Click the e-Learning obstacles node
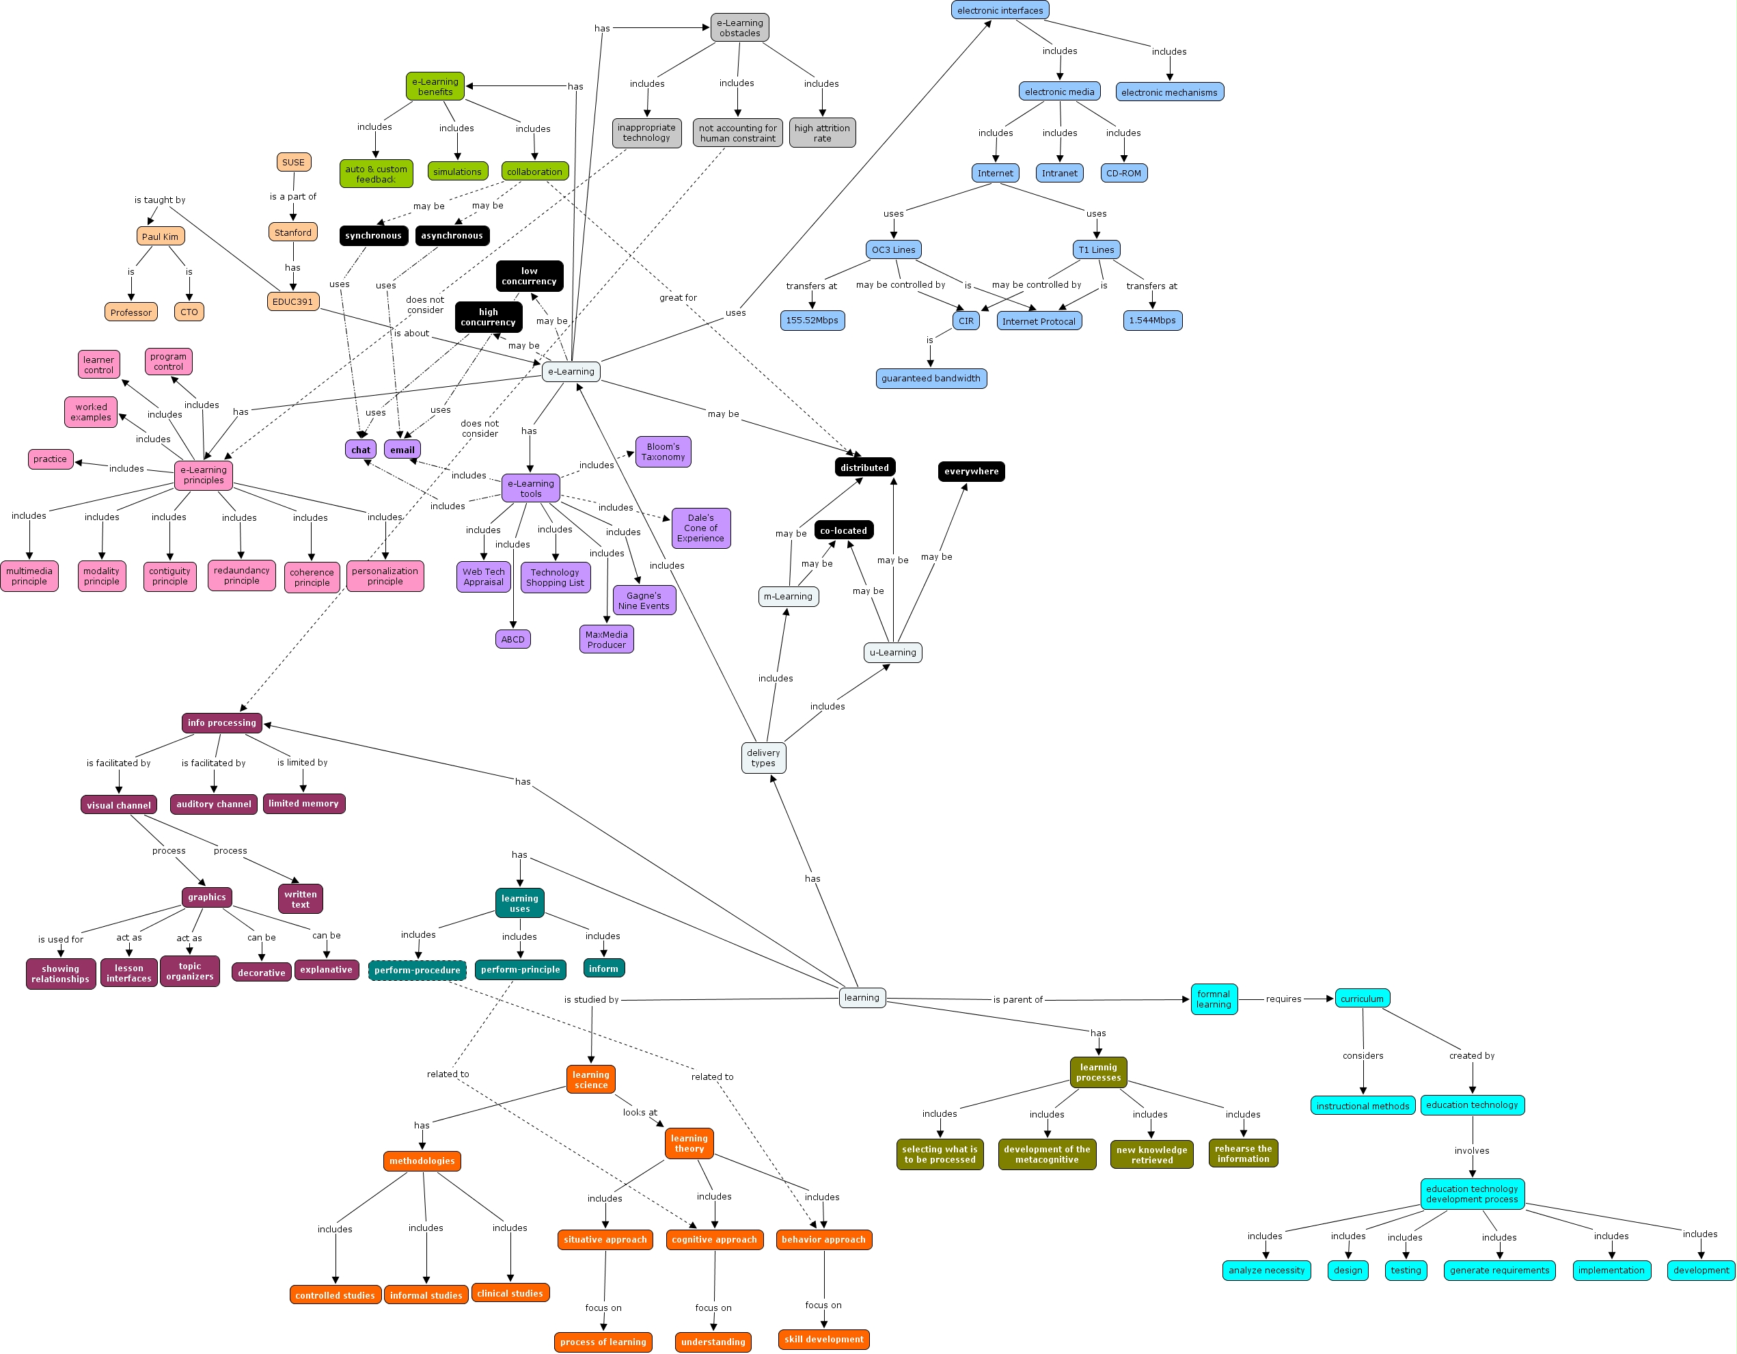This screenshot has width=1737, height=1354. (x=739, y=28)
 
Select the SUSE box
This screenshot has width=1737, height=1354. (x=293, y=162)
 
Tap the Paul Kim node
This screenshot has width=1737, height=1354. (x=160, y=236)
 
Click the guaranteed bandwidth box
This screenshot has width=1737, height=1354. (x=931, y=379)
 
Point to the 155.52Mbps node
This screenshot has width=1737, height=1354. (x=812, y=321)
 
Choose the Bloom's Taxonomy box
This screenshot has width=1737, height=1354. (x=664, y=452)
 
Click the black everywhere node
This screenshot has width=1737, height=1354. (x=971, y=472)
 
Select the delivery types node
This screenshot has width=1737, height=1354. (x=763, y=758)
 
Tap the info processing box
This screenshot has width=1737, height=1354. (x=222, y=723)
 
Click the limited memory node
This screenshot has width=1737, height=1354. (x=304, y=804)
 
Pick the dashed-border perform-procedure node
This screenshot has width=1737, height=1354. (x=418, y=971)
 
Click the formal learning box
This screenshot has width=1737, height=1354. (x=1214, y=999)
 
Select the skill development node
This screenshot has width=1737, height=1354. (x=824, y=1340)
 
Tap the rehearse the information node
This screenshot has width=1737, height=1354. (x=1243, y=1154)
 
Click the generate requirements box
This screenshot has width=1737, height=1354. (x=1499, y=1271)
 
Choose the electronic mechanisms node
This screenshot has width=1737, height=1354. (x=1169, y=92)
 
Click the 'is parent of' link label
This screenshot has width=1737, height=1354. (x=1017, y=1000)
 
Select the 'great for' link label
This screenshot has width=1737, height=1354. (x=678, y=297)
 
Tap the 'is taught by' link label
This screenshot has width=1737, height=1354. (x=160, y=200)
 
